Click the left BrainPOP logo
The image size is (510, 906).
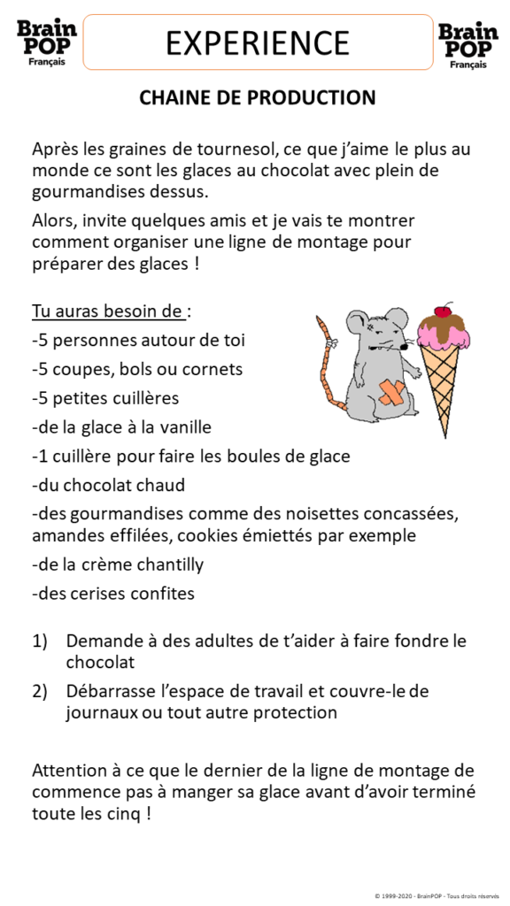(47, 41)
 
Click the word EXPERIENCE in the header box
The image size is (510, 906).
(258, 42)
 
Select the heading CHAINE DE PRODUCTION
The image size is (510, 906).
(258, 97)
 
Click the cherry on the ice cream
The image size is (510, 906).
(443, 311)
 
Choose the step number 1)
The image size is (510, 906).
(40, 641)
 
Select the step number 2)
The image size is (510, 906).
(40, 690)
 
